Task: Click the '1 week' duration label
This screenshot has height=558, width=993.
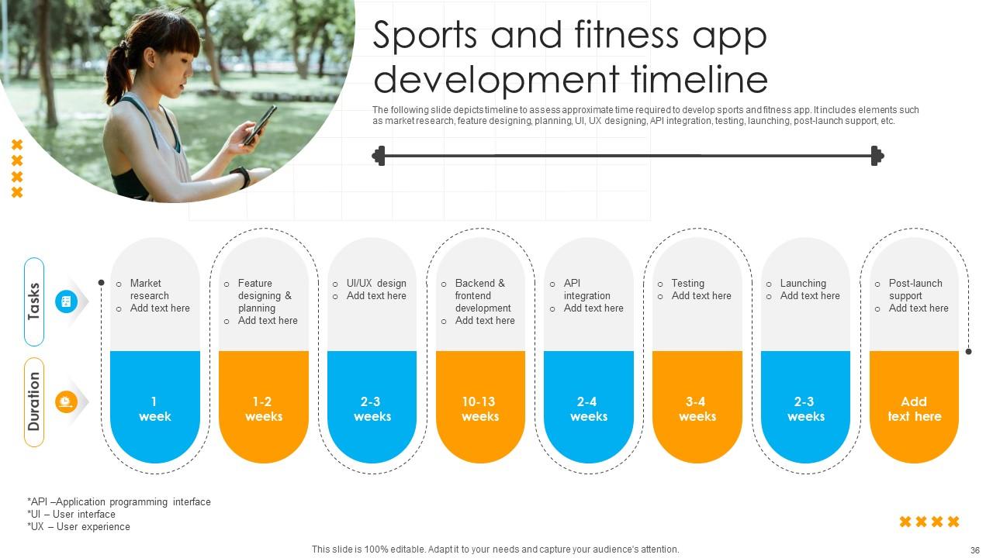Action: click(x=154, y=408)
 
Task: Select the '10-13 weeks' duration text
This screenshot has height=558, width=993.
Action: click(x=479, y=408)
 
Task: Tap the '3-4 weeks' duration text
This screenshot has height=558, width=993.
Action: click(x=697, y=408)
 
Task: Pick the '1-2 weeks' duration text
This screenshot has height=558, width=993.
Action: click(x=263, y=408)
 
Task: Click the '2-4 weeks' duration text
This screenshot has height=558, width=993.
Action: click(x=588, y=408)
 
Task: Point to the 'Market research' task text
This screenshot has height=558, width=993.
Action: click(x=149, y=289)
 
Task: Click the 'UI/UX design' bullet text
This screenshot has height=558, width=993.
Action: click(x=376, y=283)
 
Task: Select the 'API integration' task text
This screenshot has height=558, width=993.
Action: click(x=586, y=289)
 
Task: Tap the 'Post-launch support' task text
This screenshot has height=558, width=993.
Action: click(x=915, y=289)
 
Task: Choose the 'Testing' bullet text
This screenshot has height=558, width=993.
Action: click(x=688, y=283)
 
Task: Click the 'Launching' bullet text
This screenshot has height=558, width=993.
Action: click(x=803, y=283)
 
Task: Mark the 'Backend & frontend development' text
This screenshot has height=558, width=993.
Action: click(x=483, y=295)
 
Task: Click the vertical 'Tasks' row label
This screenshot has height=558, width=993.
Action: click(x=34, y=301)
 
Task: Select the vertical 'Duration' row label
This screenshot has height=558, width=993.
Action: click(x=34, y=401)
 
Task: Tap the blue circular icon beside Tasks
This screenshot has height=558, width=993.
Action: click(x=66, y=301)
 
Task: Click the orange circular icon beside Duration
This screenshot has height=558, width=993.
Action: click(x=66, y=401)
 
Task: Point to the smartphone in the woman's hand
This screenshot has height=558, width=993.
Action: click(x=259, y=125)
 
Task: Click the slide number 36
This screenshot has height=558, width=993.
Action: click(x=975, y=549)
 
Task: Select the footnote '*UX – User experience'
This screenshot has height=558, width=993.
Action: click(x=78, y=527)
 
